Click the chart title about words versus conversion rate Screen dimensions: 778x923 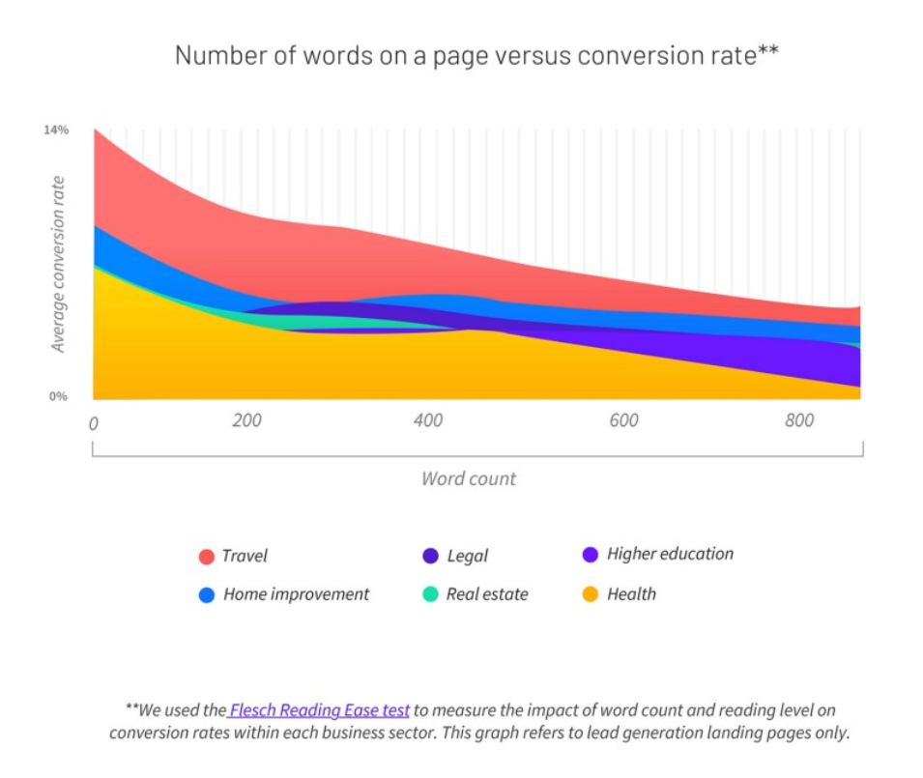click(476, 56)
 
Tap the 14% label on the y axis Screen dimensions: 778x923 click(56, 130)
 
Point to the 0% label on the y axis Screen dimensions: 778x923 click(59, 396)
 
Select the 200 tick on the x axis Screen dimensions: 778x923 click(246, 420)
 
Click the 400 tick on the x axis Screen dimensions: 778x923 click(428, 420)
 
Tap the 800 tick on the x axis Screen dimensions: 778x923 click(799, 420)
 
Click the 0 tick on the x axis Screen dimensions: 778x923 click(93, 423)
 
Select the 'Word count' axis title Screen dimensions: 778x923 click(469, 478)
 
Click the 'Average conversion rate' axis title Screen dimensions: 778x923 click(59, 264)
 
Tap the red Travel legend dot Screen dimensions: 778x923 click(206, 557)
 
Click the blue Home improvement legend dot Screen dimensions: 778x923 click(206, 595)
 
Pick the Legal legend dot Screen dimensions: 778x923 click(430, 557)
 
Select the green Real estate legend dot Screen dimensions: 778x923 click(430, 595)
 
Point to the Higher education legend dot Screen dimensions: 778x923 click(591, 555)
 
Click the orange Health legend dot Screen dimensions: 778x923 click(591, 595)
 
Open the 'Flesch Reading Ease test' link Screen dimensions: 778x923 click(320, 710)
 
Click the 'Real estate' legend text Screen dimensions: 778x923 click(487, 594)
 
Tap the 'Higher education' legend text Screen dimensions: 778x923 click(670, 554)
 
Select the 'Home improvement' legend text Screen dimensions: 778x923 click(296, 594)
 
